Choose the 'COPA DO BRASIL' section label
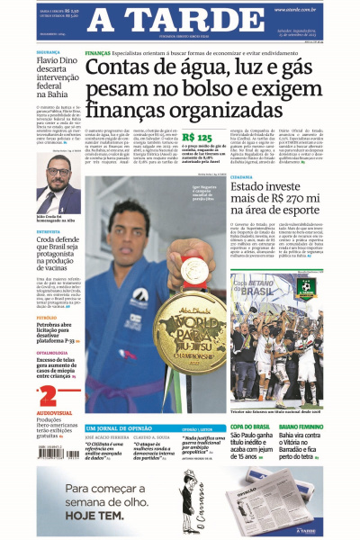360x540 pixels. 249,426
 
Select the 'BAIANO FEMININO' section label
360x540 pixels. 301,426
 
